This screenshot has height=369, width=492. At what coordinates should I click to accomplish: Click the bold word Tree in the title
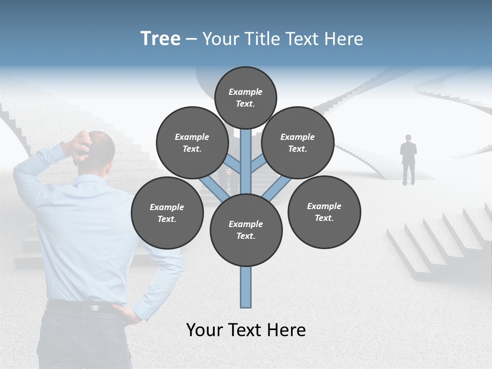(160, 38)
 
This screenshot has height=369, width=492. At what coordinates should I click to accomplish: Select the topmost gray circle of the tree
(245, 97)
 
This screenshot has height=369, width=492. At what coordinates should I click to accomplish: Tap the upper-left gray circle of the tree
(192, 142)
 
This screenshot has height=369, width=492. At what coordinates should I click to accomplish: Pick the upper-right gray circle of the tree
(298, 142)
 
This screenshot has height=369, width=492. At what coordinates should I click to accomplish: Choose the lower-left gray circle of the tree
(167, 213)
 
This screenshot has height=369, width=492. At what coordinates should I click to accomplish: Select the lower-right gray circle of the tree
(324, 212)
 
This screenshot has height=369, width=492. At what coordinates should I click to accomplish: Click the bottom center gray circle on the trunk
(246, 230)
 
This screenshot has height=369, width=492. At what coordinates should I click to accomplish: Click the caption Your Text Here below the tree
(246, 330)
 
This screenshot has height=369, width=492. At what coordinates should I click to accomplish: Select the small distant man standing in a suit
(408, 159)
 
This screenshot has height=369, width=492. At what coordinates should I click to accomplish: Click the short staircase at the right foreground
(436, 241)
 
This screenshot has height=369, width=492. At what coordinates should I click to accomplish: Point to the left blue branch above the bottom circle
(213, 187)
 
